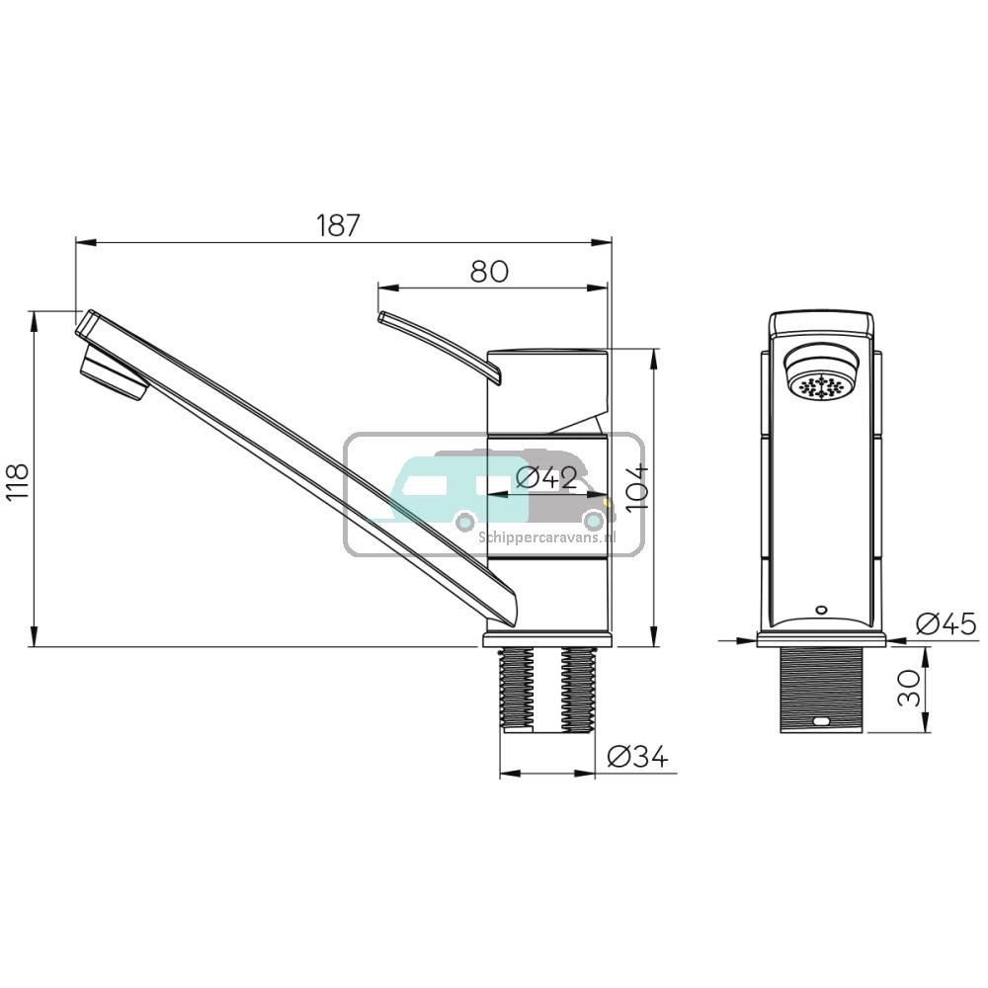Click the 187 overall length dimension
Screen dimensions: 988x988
click(339, 225)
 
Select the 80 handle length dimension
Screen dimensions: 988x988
click(489, 271)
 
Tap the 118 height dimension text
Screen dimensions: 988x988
click(18, 482)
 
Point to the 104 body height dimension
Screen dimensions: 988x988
click(636, 486)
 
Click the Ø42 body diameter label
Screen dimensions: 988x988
click(546, 477)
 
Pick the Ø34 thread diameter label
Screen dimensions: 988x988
click(637, 758)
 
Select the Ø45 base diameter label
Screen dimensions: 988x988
click(946, 624)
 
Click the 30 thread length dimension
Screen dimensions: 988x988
click(912, 689)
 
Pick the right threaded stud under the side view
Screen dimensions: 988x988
click(578, 690)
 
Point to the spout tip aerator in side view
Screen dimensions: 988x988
click(111, 375)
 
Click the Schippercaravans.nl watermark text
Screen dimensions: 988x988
click(546, 537)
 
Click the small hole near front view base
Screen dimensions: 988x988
click(822, 610)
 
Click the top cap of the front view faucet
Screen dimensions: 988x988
click(822, 324)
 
